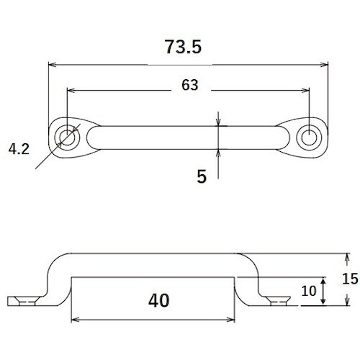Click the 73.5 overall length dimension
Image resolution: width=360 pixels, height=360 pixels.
[183, 47]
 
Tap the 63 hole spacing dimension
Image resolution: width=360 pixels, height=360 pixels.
[190, 85]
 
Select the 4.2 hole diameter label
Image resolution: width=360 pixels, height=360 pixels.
[19, 149]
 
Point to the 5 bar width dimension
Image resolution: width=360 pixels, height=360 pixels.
[202, 176]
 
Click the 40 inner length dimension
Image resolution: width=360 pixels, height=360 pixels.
[158, 300]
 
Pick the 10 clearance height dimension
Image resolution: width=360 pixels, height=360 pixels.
[309, 291]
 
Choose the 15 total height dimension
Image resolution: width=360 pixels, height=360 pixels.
[350, 279]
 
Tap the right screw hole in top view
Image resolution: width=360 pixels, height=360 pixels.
[309, 138]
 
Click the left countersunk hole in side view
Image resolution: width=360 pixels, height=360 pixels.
[27, 301]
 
